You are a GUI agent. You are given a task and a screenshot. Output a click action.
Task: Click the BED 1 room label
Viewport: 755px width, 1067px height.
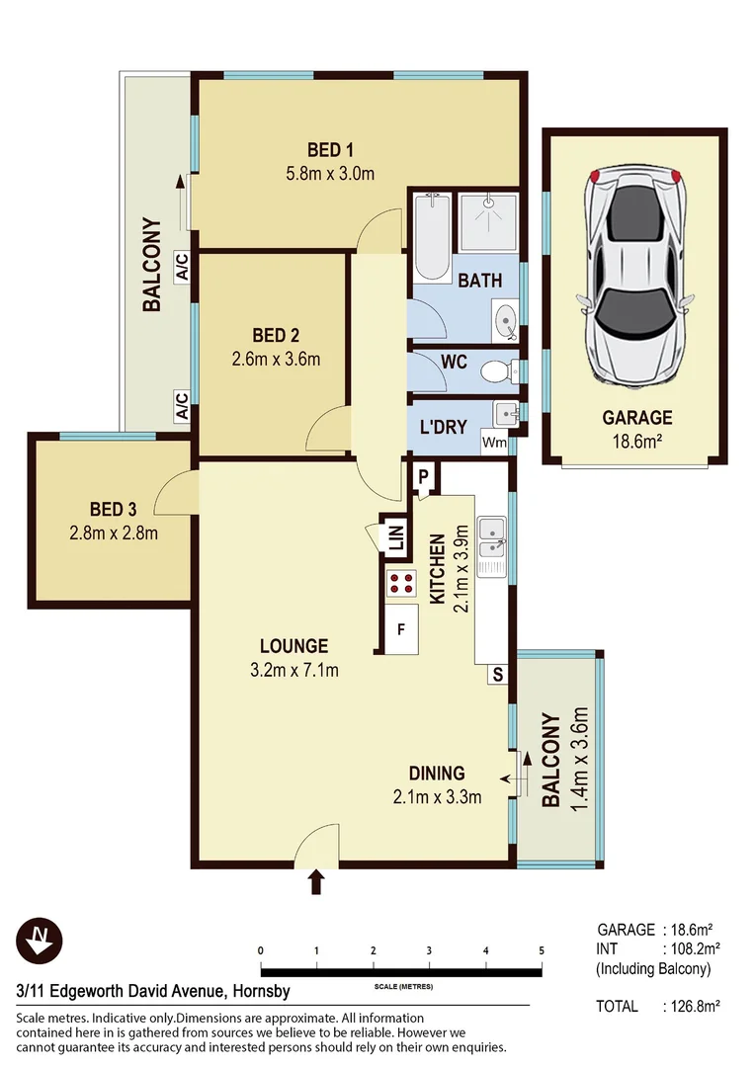tap(330, 150)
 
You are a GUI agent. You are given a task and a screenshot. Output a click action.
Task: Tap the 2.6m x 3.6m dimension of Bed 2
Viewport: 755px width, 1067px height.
tap(272, 359)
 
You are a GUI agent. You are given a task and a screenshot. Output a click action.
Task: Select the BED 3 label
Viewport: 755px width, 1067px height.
tap(113, 510)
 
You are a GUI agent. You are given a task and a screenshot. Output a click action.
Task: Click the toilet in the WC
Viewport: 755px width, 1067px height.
tap(493, 371)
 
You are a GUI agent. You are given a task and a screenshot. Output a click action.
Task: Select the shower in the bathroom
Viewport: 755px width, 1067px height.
tap(487, 222)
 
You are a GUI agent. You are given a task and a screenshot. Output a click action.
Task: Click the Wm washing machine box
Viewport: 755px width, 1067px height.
tap(494, 444)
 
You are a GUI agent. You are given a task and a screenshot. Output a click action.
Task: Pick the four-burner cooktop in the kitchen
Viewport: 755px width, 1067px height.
tap(402, 583)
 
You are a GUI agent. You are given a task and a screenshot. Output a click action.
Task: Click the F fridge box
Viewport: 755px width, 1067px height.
tap(400, 628)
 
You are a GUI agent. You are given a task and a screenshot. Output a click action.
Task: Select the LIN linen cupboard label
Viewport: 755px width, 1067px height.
tap(396, 538)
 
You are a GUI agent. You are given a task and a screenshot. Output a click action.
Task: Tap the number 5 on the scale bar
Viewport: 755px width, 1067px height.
tap(542, 950)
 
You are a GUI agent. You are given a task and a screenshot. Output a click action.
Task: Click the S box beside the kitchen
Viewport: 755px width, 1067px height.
tap(498, 675)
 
